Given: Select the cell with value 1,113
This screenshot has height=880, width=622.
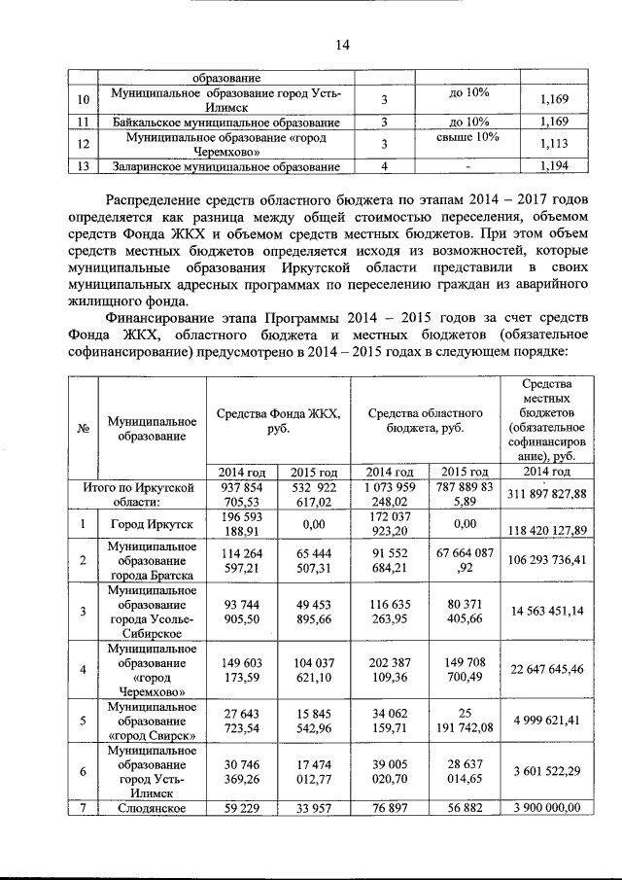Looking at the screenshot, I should tap(552, 144).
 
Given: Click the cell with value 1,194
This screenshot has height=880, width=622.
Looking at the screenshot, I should tap(552, 167).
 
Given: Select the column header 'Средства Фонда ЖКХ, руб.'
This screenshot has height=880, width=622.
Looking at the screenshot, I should tap(278, 420).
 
